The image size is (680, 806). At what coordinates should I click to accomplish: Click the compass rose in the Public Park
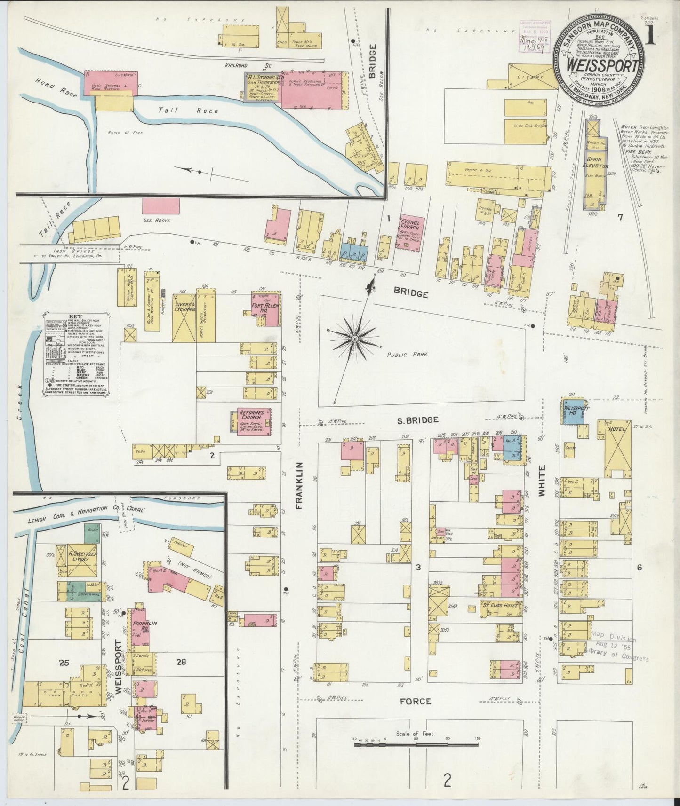[x=353, y=339]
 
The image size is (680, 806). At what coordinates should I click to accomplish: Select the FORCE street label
[x=416, y=701]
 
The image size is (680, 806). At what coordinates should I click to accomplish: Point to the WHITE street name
[x=542, y=481]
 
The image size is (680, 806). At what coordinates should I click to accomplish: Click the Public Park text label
[x=408, y=355]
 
